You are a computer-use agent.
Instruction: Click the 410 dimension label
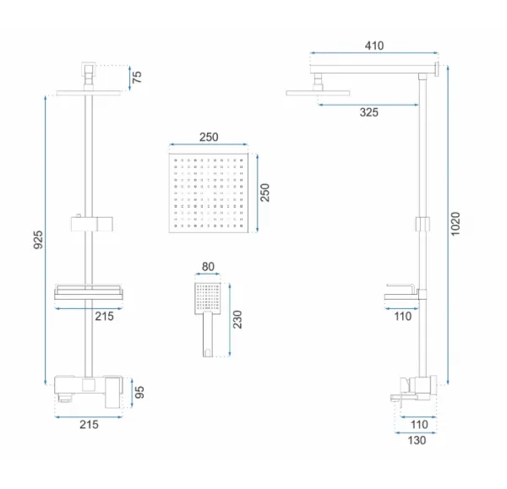coord(374,46)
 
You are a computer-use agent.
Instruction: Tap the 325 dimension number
coord(369,112)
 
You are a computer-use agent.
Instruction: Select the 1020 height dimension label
coord(455,224)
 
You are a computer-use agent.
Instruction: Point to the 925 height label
coord(38,240)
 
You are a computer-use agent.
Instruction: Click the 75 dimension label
coord(137,77)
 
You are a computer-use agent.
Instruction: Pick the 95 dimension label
coord(139,392)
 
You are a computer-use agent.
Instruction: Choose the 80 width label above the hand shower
coord(208,267)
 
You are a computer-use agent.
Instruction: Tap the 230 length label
coord(237,319)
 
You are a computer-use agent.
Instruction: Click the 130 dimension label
coord(417,440)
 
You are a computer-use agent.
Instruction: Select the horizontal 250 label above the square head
coord(209,137)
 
